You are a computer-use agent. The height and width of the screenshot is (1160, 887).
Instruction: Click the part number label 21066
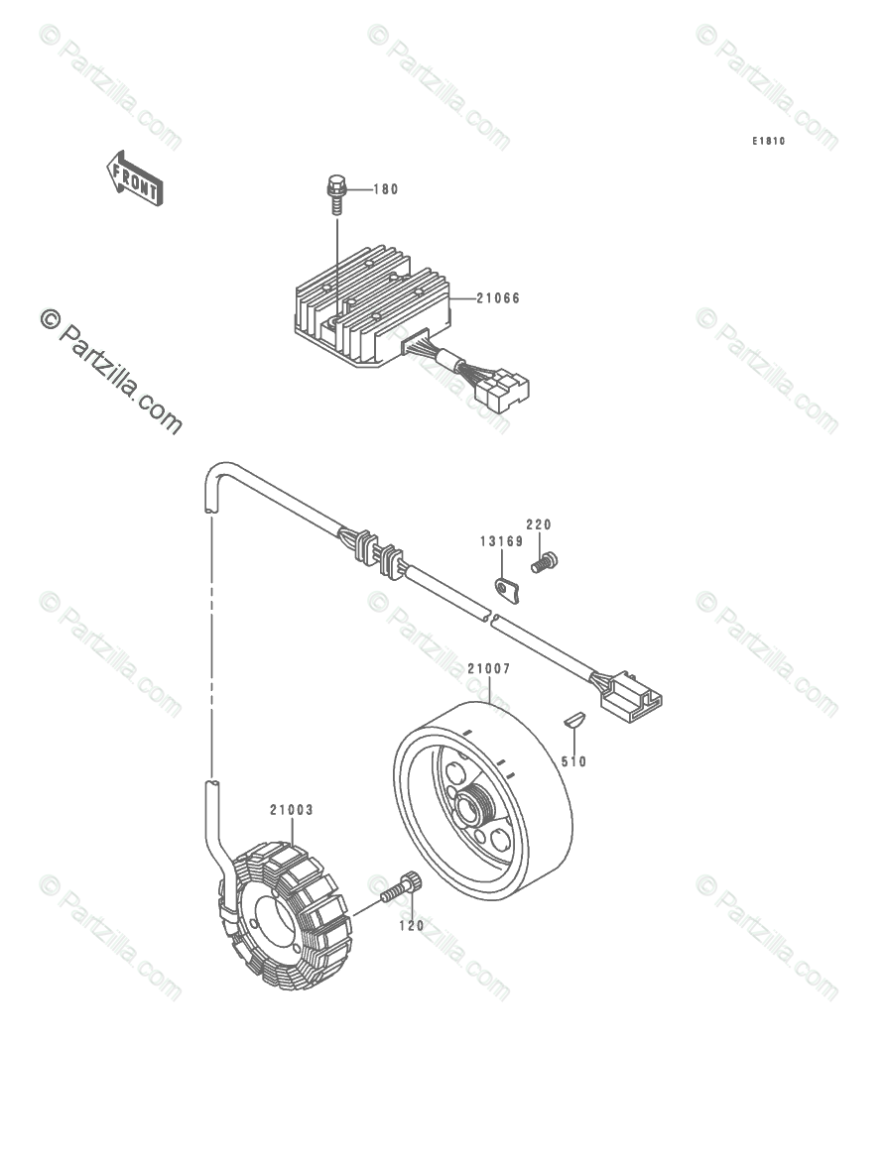(x=498, y=297)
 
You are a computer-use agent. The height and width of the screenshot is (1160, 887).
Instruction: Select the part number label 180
(x=386, y=189)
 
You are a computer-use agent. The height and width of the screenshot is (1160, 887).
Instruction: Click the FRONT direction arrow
(x=135, y=177)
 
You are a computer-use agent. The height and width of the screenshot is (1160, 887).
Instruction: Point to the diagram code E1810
(x=768, y=142)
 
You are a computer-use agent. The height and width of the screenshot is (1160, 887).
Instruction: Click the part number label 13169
(x=502, y=541)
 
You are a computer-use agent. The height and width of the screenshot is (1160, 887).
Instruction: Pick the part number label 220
(x=539, y=524)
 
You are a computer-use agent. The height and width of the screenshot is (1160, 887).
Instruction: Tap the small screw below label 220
(x=544, y=562)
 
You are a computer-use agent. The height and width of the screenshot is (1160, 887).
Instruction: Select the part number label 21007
(x=489, y=669)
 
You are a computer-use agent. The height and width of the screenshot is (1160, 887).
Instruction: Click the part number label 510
(x=573, y=761)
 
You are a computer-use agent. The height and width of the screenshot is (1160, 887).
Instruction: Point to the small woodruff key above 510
(x=574, y=721)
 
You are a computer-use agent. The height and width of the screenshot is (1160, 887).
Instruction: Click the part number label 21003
(x=291, y=810)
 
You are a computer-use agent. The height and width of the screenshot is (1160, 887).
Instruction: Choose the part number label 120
(x=412, y=925)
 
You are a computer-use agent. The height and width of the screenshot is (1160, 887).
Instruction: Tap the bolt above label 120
(x=405, y=884)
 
